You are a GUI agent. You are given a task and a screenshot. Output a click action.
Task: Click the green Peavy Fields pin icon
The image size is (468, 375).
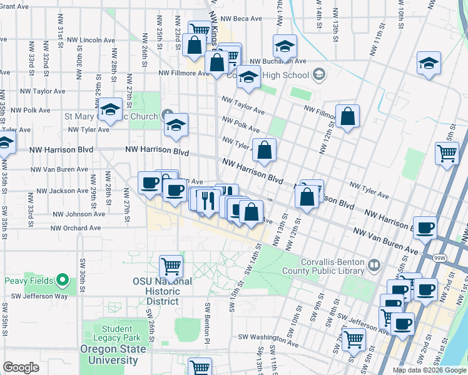(63, 279)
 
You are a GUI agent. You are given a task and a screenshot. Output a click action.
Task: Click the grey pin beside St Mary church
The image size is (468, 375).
(168, 116)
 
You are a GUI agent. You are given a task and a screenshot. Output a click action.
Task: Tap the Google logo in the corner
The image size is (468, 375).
(21, 367)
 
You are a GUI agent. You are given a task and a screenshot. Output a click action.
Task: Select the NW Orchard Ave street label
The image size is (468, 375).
(76, 228)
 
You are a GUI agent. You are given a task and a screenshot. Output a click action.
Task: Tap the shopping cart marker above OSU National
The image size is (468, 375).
(171, 266)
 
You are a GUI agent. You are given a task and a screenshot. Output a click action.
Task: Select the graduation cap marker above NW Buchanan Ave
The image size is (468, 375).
(285, 46)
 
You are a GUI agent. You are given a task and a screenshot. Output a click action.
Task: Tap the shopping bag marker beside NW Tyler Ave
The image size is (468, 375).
(265, 149)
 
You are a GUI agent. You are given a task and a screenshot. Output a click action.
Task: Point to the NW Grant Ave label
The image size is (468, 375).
(15, 6)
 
